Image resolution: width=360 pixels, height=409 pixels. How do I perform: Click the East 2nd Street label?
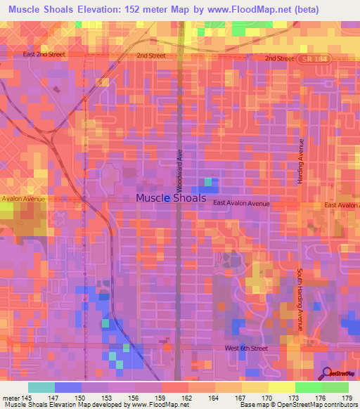(44, 53)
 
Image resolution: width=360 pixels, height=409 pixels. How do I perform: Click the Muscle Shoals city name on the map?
(172, 198)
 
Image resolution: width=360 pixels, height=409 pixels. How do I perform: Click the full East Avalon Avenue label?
(242, 204)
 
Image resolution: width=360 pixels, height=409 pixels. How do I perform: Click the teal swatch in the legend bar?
(41, 387)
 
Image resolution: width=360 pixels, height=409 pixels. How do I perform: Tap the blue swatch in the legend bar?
(68, 387)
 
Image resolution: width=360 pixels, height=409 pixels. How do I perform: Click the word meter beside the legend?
(11, 398)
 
